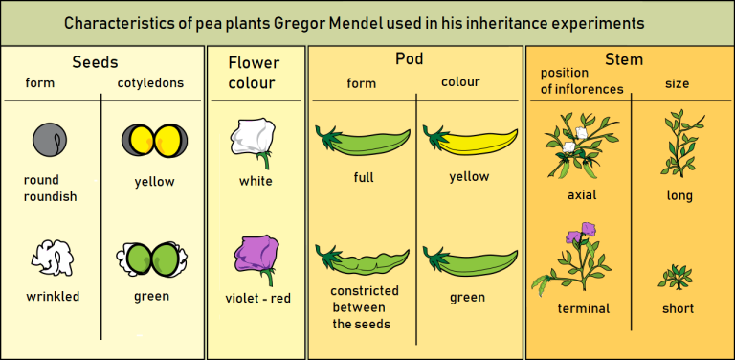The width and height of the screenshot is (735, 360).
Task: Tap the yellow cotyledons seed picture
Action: click(153, 140)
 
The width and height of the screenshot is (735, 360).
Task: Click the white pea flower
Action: click(254, 135)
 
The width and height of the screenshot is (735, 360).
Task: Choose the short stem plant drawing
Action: click(677, 278)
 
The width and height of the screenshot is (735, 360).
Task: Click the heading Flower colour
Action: click(254, 73)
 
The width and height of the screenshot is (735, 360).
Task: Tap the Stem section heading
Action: click(623, 60)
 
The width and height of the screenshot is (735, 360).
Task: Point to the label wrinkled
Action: click(53, 297)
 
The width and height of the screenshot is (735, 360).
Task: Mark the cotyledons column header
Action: click(150, 82)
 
